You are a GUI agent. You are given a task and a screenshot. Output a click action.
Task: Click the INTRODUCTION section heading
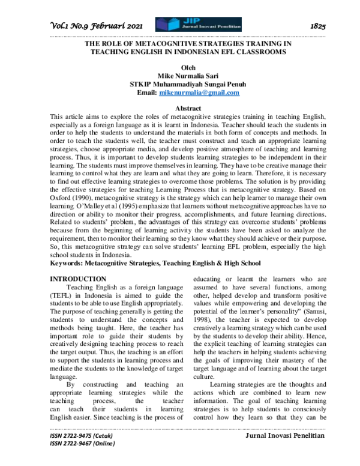(x=78, y=279)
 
